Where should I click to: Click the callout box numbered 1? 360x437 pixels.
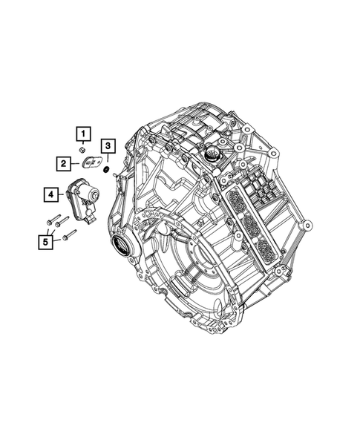tap(84, 134)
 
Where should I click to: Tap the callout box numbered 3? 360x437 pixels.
tap(108, 145)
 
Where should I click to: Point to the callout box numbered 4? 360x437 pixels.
tap(51, 195)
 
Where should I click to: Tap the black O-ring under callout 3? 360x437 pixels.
tap(107, 170)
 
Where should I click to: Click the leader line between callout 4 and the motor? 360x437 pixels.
tap(63, 195)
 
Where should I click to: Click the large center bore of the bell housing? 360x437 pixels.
tap(196, 261)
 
